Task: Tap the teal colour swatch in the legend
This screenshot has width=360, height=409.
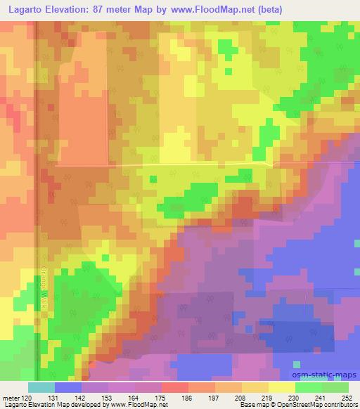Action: click(41, 387)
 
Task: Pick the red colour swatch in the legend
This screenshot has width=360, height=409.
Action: click(176, 387)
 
